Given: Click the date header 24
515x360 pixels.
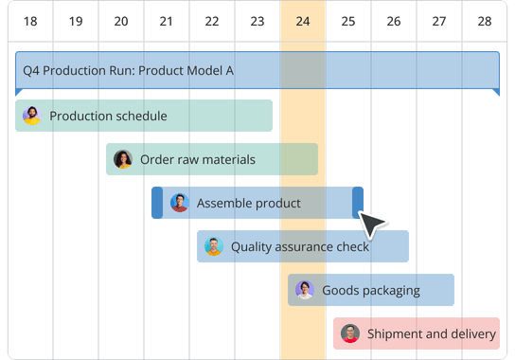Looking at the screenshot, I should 303,21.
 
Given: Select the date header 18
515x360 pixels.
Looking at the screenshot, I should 29,21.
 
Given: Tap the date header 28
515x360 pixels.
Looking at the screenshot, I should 485,21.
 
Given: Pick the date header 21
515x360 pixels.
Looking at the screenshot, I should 166,21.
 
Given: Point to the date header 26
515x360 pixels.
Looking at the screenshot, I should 394,21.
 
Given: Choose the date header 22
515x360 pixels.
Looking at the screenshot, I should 211,21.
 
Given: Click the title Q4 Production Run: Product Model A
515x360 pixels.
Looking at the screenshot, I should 128,70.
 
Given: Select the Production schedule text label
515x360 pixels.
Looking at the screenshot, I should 108,116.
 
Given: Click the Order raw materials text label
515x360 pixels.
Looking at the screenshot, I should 197,159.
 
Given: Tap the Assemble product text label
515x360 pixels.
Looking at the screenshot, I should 248,203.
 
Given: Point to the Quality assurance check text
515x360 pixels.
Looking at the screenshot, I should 300,246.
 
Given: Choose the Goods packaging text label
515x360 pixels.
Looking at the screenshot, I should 371,290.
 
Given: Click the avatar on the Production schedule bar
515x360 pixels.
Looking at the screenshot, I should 31,116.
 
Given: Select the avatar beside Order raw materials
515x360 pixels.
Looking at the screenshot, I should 122,159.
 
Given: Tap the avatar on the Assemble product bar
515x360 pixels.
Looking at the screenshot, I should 179,203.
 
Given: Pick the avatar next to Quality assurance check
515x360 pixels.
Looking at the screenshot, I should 213,246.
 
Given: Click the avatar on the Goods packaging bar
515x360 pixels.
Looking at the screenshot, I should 304,290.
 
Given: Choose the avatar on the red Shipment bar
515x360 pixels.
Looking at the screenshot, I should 349,333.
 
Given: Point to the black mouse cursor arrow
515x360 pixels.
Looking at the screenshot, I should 371,225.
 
